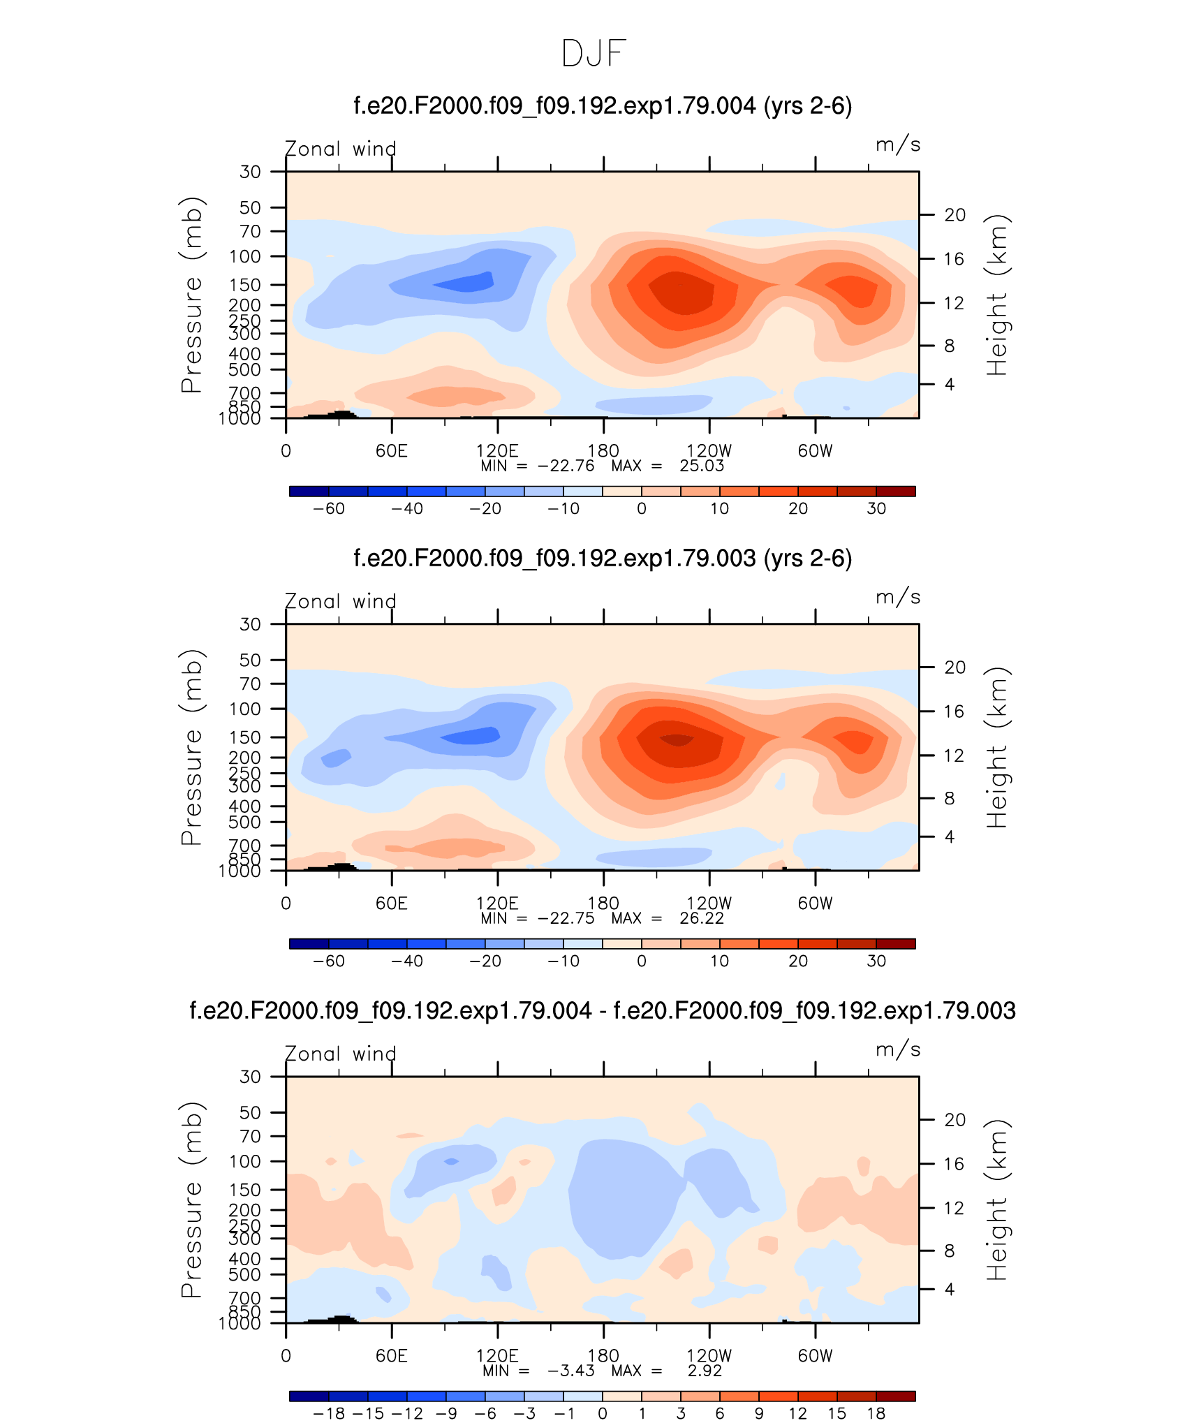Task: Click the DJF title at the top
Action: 594,53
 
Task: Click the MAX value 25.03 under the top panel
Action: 702,466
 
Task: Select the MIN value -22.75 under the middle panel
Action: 566,918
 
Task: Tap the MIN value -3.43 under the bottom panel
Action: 570,1371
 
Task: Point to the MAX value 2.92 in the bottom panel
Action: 705,1371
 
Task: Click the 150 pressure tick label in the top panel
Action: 245,285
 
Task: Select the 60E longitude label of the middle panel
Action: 391,904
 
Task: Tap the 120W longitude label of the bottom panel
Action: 709,1356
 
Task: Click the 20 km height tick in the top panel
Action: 955,215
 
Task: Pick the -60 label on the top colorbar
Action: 328,509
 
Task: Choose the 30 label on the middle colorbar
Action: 876,961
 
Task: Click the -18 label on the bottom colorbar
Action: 328,1414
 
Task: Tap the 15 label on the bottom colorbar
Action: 837,1414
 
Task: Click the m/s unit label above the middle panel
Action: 898,598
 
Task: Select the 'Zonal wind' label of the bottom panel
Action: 341,1054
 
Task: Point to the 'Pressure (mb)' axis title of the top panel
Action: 191,295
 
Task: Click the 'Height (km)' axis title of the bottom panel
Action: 998,1200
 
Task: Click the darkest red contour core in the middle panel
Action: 677,739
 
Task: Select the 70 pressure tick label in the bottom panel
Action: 250,1136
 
